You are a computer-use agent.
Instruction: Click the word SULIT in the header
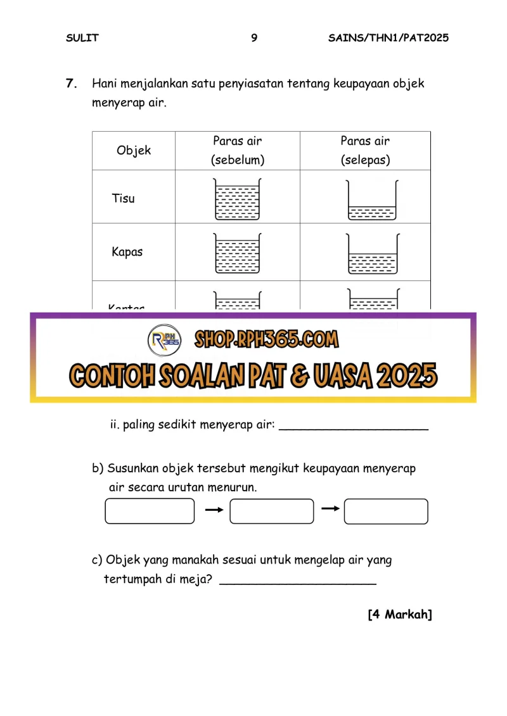pyautogui.click(x=82, y=38)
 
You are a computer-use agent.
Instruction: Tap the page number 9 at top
pyautogui.click(x=254, y=38)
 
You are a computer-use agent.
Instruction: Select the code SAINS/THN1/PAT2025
pyautogui.click(x=388, y=38)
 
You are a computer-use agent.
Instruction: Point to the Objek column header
pyautogui.click(x=134, y=151)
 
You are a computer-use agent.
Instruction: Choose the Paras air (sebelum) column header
pyautogui.click(x=238, y=151)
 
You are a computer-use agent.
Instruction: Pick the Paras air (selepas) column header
pyautogui.click(x=365, y=151)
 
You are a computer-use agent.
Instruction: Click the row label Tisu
pyautogui.click(x=124, y=198)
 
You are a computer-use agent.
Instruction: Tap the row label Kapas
pyautogui.click(x=127, y=252)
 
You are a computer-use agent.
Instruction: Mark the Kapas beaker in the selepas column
pyautogui.click(x=372, y=254)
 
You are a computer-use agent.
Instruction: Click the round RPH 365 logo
pyautogui.click(x=164, y=341)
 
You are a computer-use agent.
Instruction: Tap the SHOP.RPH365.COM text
pyautogui.click(x=266, y=340)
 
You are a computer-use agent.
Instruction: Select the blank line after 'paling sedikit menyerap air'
pyautogui.click(x=354, y=428)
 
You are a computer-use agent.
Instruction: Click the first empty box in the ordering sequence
pyautogui.click(x=150, y=511)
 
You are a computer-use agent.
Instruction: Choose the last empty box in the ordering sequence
pyautogui.click(x=386, y=511)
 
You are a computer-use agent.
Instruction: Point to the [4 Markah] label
pyautogui.click(x=400, y=615)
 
